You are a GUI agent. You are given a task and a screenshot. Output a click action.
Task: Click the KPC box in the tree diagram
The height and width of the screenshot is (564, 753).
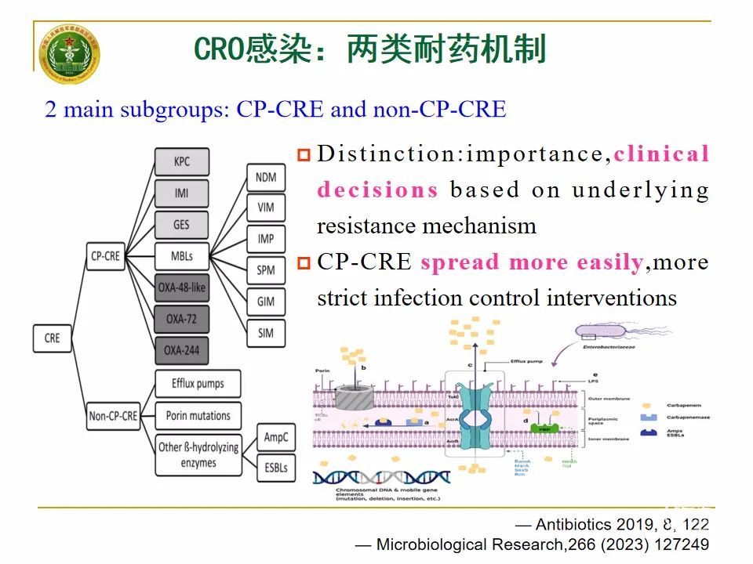pos(181,162)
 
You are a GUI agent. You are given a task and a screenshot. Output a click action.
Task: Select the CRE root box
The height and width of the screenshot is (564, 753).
pos(52,338)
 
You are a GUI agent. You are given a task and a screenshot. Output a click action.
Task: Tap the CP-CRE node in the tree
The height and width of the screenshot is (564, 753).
pos(105,255)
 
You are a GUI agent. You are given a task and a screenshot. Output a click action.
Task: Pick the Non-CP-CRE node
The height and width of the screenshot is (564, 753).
pos(113,416)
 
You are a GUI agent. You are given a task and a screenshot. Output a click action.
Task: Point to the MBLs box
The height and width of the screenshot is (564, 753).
pos(181,255)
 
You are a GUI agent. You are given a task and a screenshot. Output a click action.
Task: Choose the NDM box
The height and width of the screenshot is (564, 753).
pos(266,177)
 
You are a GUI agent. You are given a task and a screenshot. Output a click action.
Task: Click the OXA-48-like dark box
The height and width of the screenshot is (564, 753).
pos(181,287)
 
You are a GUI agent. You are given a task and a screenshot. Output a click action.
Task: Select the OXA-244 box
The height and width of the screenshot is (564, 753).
pos(181,349)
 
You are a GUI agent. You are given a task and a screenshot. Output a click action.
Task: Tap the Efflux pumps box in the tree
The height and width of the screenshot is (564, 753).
pos(198,384)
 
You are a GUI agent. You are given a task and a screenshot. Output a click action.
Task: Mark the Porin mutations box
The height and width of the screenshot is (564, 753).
pos(198,415)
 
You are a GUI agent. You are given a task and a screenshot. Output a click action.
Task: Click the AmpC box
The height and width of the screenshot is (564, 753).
pos(275,438)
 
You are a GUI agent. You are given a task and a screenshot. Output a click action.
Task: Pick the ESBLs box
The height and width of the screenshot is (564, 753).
pos(275,468)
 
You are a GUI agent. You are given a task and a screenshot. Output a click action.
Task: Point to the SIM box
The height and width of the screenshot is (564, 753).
pos(266,333)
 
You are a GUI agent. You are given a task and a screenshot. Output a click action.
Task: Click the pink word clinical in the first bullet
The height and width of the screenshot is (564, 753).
pos(661,154)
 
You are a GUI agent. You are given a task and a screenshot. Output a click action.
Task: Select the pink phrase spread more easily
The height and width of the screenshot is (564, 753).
pos(531,262)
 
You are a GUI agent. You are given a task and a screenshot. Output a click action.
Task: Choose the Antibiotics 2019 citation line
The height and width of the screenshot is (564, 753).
pos(611,525)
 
